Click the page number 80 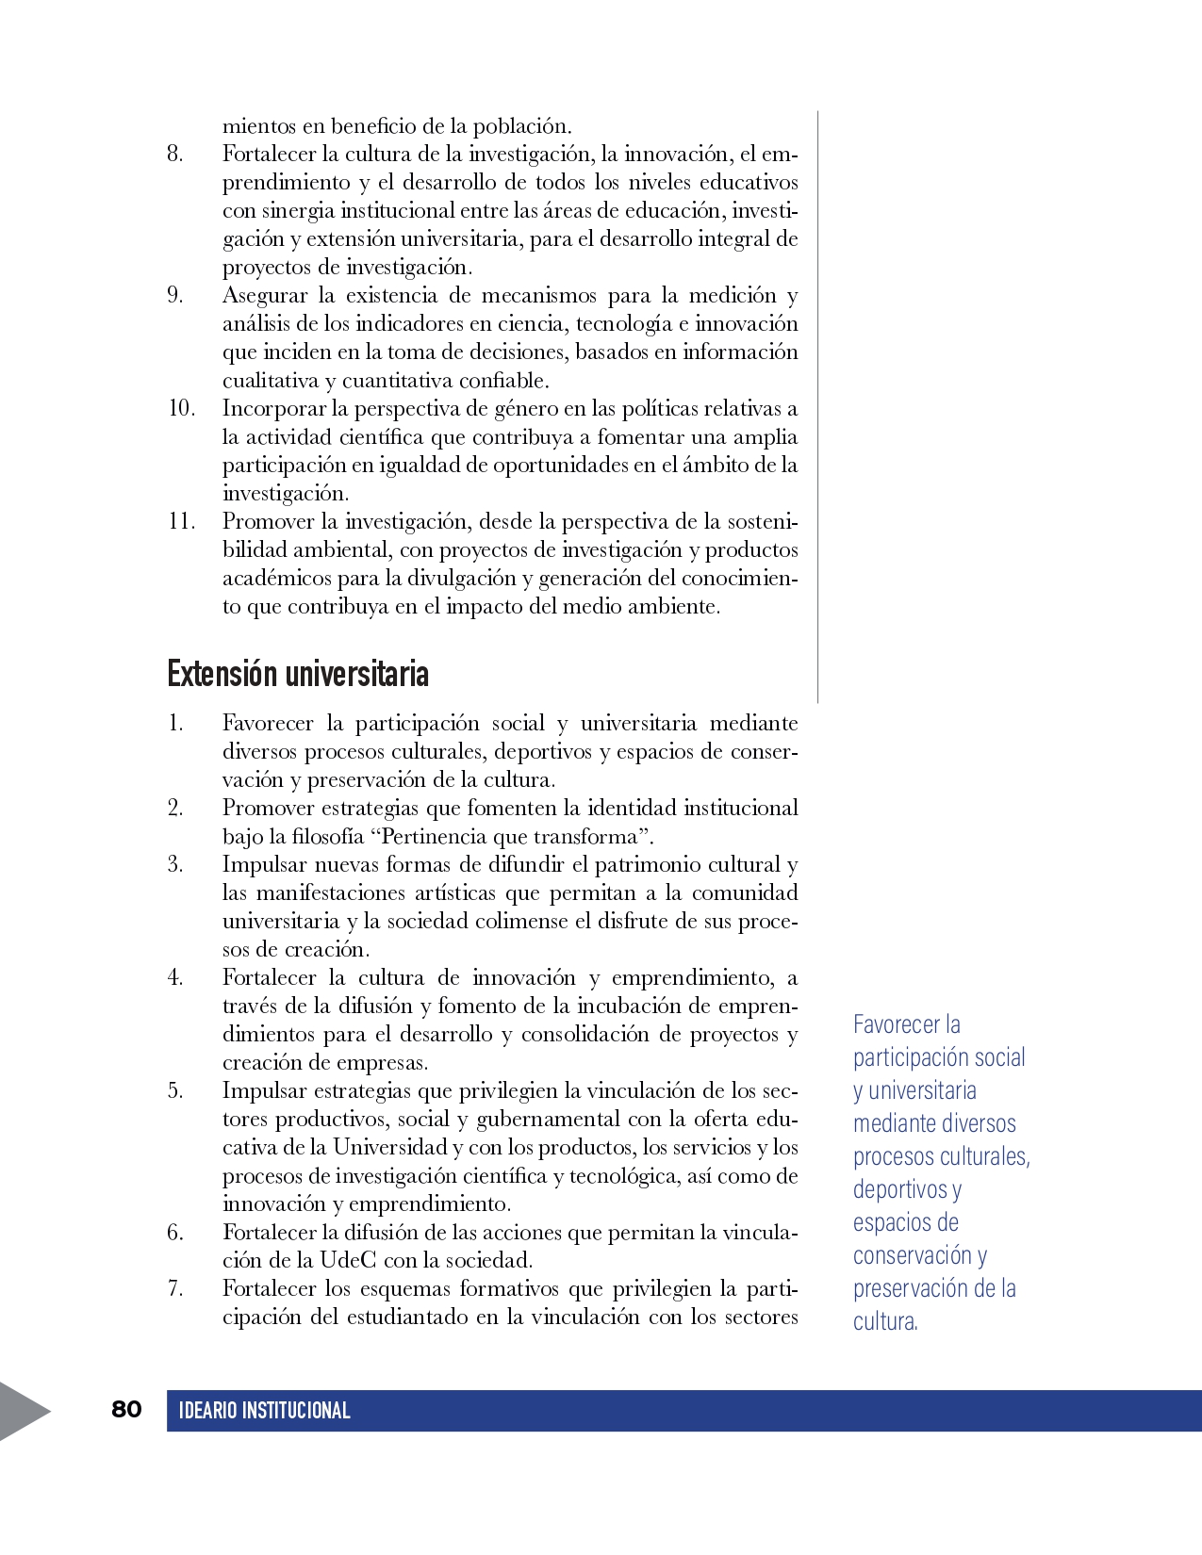tap(126, 1409)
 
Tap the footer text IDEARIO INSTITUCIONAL tap(264, 1411)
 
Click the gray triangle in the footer tap(21, 1411)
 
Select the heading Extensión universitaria tap(298, 674)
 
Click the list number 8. tap(175, 154)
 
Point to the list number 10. tap(181, 408)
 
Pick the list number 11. tap(181, 521)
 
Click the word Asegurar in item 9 tap(265, 296)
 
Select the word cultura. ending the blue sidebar tap(885, 1321)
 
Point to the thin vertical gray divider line tap(817, 405)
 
